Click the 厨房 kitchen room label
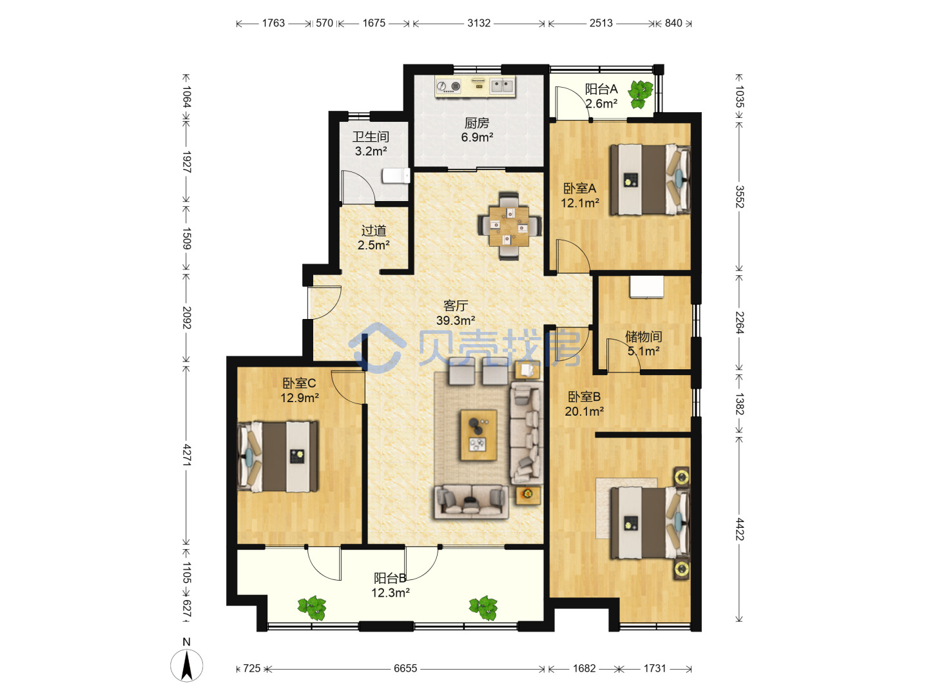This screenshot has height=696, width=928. pyautogui.click(x=476, y=123)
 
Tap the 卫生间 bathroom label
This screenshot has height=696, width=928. pyautogui.click(x=371, y=137)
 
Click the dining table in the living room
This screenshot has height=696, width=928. pyautogui.click(x=509, y=226)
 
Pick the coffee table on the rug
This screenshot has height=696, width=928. pyautogui.click(x=479, y=434)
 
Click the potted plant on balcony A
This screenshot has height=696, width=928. pyautogui.click(x=640, y=94)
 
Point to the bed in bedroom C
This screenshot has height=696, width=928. pyautogui.click(x=277, y=456)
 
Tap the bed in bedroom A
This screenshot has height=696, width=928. pyautogui.click(x=650, y=180)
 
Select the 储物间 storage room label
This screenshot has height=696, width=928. pyautogui.click(x=643, y=336)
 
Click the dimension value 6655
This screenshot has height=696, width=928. pyautogui.click(x=405, y=668)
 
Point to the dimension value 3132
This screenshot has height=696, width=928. pyautogui.click(x=479, y=23)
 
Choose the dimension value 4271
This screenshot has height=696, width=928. pyautogui.click(x=186, y=455)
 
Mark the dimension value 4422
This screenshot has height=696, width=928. pyautogui.click(x=739, y=529)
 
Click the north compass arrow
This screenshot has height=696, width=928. pyautogui.click(x=186, y=666)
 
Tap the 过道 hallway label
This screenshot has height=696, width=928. pyautogui.click(x=373, y=230)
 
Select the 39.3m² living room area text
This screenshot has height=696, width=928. pyautogui.click(x=456, y=320)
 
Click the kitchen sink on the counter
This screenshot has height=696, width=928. pyautogui.click(x=502, y=86)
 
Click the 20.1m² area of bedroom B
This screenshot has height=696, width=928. pyautogui.click(x=584, y=411)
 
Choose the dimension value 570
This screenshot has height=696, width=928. pyautogui.click(x=324, y=23)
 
